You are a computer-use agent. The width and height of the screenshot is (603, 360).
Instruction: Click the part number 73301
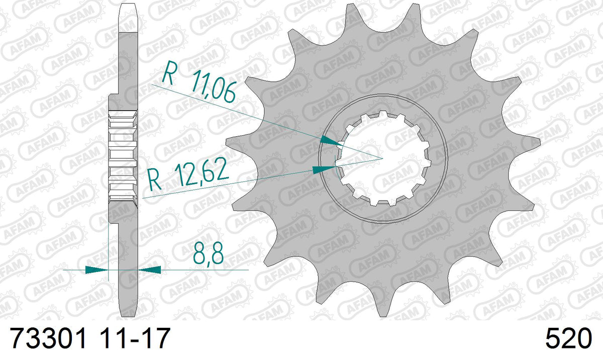coord(48,338)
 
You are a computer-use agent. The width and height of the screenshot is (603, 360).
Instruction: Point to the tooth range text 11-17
coord(134,338)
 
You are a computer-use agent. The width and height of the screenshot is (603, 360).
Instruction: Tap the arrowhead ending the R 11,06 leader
coord(331,141)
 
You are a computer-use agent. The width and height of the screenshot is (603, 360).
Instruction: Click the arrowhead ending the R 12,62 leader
coord(325,169)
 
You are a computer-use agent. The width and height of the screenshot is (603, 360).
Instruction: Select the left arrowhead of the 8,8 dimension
coord(96,269)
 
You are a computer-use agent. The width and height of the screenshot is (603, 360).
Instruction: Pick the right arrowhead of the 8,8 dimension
coord(150,269)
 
